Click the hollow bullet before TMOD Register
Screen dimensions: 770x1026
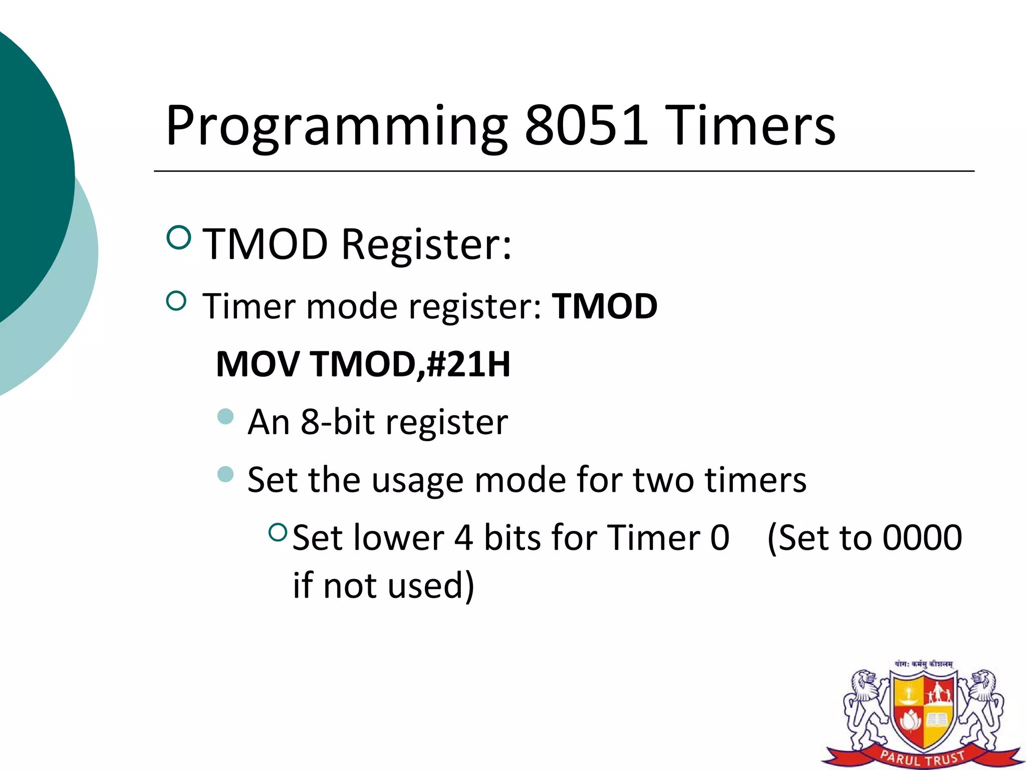click(x=178, y=237)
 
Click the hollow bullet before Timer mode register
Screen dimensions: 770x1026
click(x=176, y=301)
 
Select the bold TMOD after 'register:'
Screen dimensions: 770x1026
click(x=604, y=306)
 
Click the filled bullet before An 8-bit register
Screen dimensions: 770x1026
click(x=226, y=416)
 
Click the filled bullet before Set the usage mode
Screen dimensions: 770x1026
click(x=226, y=474)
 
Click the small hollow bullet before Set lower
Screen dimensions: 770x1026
click(x=278, y=532)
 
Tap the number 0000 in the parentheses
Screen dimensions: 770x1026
click(x=922, y=538)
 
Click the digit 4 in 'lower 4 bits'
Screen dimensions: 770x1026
click(x=463, y=538)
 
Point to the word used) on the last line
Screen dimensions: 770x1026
click(x=431, y=586)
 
